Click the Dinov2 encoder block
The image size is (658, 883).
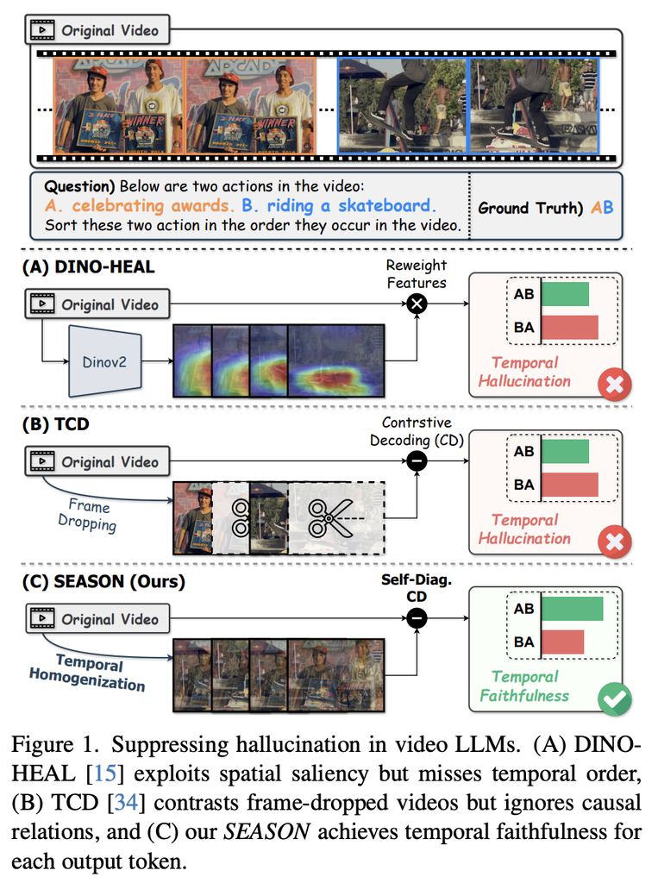105,361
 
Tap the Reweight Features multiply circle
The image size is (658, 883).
417,304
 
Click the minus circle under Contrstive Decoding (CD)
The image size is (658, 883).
417,461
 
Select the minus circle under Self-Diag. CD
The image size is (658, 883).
417,618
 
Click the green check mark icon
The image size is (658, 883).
615,698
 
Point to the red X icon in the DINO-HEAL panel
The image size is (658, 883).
615,385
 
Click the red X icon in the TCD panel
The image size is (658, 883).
615,542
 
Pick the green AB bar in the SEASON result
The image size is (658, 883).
573,609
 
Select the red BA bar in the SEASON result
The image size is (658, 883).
563,642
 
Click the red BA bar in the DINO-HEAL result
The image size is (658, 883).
570,327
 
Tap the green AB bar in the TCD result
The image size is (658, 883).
566,452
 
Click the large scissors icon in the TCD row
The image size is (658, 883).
331,518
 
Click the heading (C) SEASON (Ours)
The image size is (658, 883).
103,581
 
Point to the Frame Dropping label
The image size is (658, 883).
88,514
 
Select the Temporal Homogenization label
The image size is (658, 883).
88,672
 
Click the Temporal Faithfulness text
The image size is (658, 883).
524,686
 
